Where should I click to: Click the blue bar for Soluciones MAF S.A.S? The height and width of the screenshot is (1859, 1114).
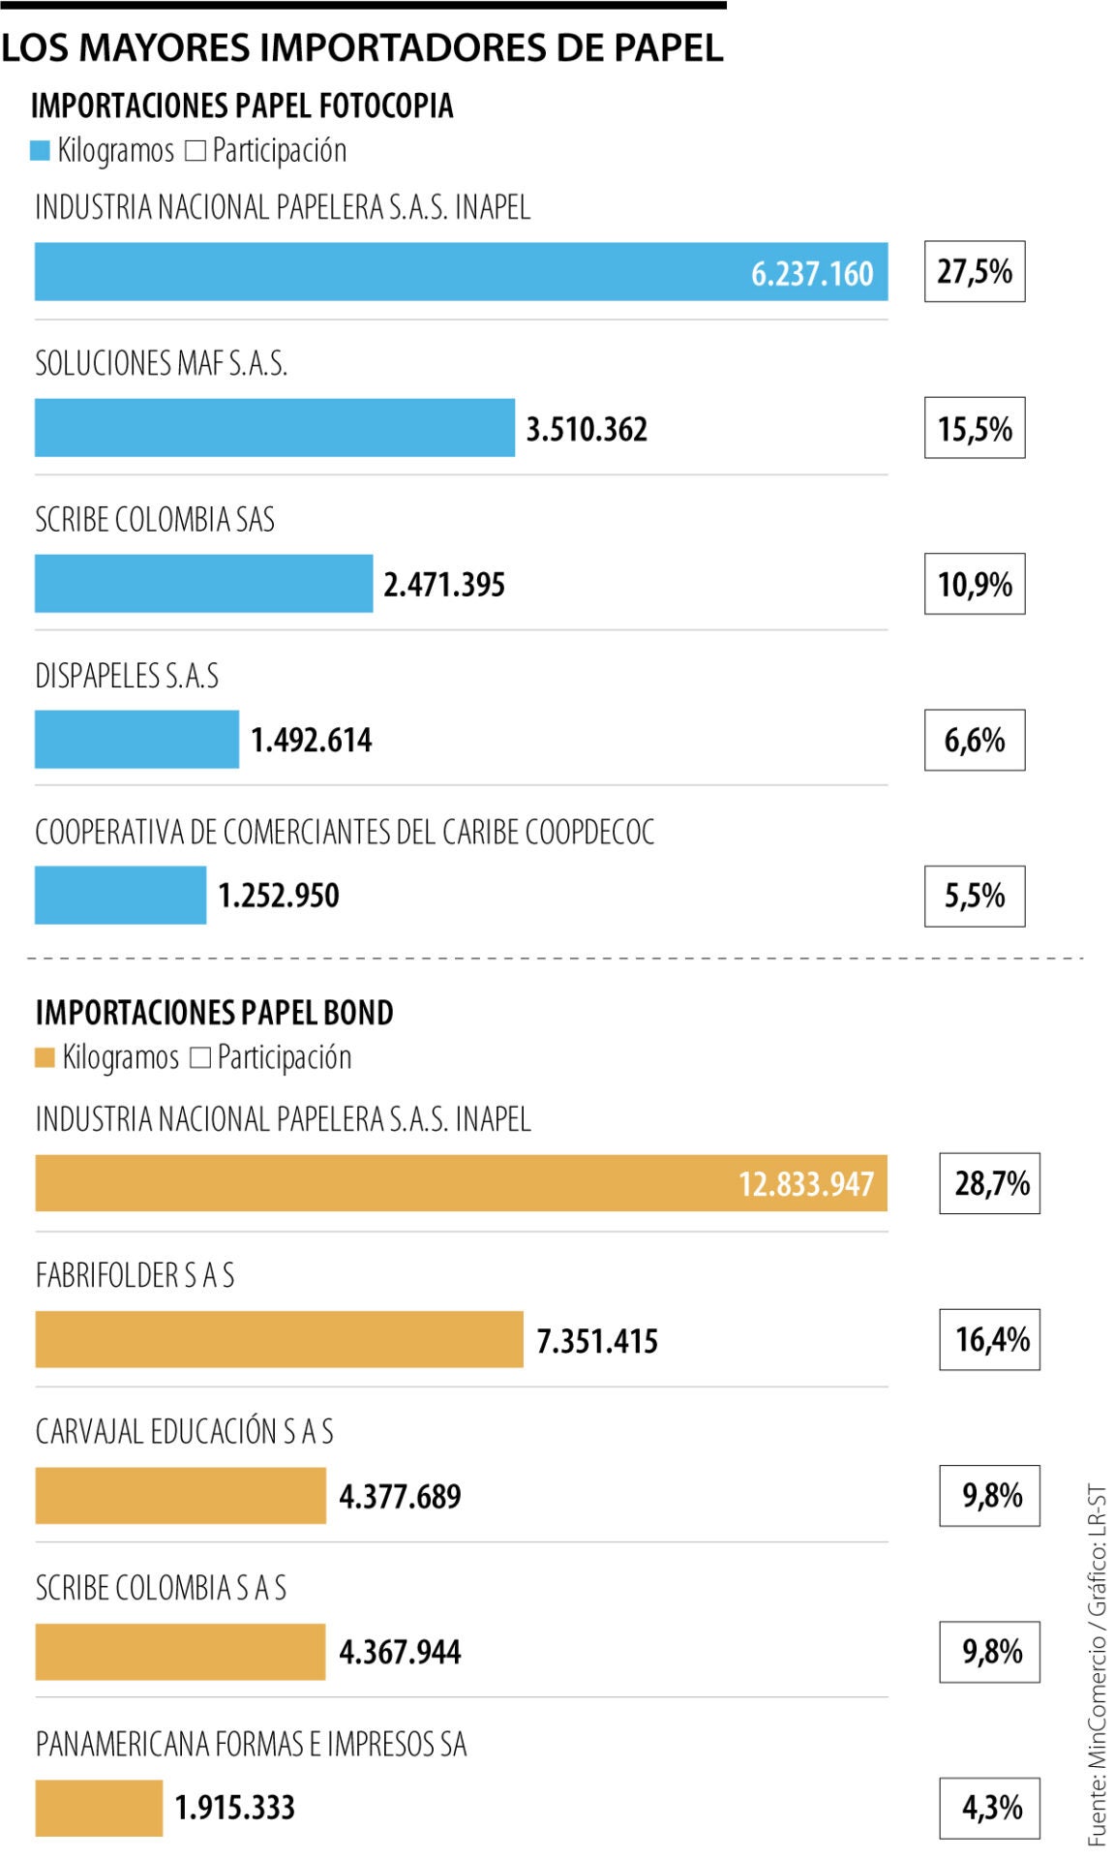tap(274, 428)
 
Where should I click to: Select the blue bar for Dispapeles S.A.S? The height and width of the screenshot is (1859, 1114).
tap(136, 740)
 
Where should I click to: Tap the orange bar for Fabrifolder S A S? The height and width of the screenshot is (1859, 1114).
tap(279, 1340)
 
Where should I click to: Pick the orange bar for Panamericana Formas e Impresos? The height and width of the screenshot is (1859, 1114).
tap(99, 1808)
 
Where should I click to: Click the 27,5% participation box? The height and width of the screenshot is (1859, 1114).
tap(974, 272)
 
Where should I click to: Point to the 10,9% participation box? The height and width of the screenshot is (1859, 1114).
tap(974, 584)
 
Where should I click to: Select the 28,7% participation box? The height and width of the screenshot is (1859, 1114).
tap(989, 1183)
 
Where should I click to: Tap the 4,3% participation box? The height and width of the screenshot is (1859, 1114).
tap(989, 1808)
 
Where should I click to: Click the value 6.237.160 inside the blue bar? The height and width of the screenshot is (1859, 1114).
tap(812, 274)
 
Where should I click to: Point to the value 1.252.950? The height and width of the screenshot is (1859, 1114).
tap(279, 896)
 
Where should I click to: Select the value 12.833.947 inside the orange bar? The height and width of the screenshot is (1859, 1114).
tap(805, 1184)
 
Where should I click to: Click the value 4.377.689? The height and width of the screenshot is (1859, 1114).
tap(400, 1497)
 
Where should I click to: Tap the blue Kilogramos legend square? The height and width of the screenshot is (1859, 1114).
tap(40, 151)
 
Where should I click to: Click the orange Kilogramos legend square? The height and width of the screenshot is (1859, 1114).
tap(45, 1058)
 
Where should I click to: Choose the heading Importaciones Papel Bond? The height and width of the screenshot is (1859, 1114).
tap(214, 1013)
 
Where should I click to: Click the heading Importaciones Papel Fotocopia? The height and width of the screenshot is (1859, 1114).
tap(242, 106)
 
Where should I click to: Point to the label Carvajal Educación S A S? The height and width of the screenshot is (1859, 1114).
tap(184, 1432)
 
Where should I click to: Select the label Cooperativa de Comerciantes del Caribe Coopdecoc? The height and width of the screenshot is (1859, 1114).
tap(345, 832)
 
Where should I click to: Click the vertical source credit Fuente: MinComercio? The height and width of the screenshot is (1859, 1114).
tap(1096, 1665)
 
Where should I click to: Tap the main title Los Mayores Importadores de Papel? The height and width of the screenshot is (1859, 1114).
tap(362, 47)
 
